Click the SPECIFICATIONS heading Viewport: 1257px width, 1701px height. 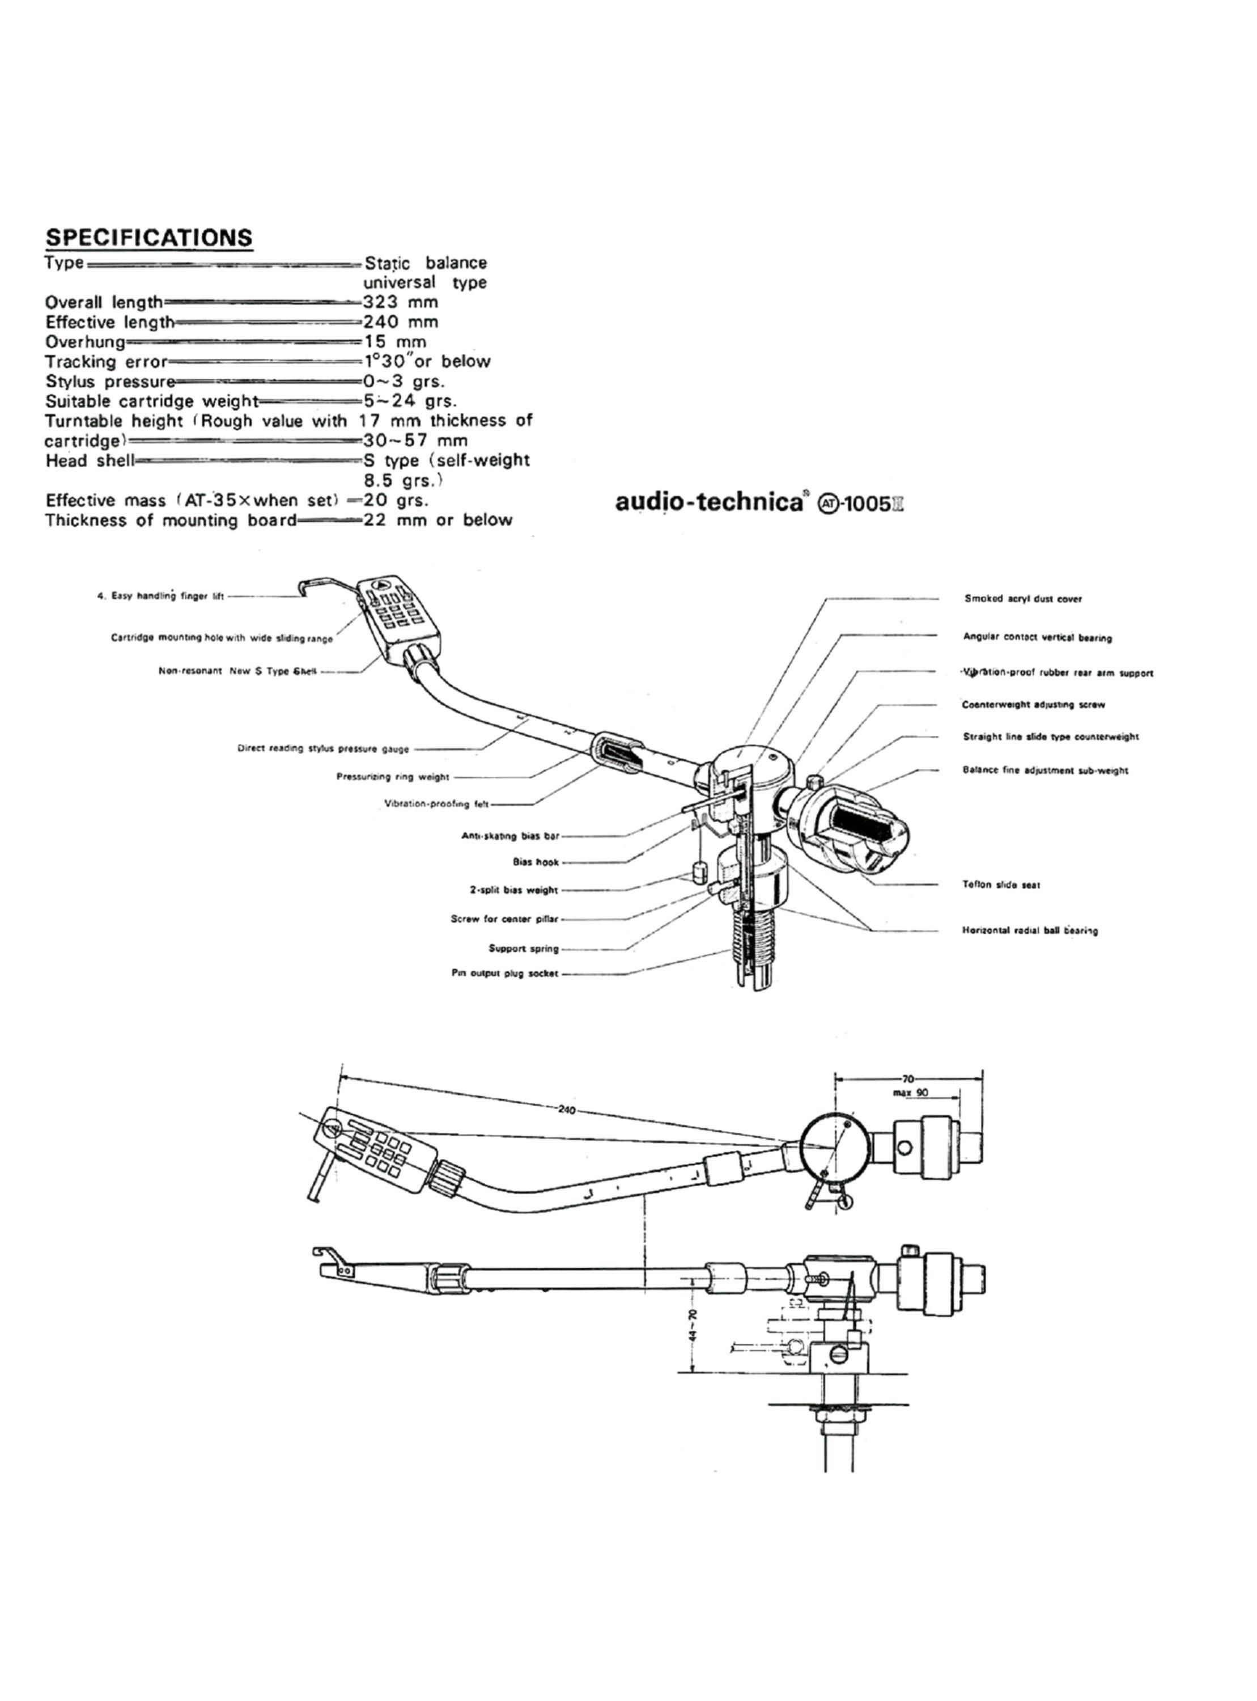pos(148,238)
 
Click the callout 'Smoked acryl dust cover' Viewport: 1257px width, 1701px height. pos(1022,599)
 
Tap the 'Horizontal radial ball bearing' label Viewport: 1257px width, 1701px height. pos(1030,930)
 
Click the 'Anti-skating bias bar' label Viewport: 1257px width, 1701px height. pos(510,836)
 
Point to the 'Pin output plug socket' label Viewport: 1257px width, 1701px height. pos(504,974)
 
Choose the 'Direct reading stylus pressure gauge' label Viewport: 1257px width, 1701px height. pos(324,749)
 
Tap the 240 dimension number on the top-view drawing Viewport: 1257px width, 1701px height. pos(567,1109)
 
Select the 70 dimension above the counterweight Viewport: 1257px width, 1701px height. pos(908,1078)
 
